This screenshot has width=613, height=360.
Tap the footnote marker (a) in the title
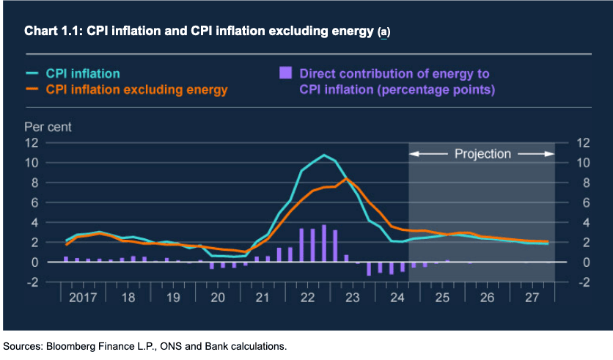[x=384, y=32]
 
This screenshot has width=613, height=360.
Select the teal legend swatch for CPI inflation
[x=33, y=74]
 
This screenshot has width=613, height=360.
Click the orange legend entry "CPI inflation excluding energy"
[x=136, y=89]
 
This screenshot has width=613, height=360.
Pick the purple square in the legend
[x=285, y=73]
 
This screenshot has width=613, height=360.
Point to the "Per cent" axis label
[x=48, y=126]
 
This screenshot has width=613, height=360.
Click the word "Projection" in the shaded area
[x=482, y=154]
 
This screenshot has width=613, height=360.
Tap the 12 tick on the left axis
[x=32, y=142]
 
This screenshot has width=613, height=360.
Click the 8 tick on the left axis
[x=34, y=183]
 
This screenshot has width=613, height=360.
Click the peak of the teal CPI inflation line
[x=323, y=155]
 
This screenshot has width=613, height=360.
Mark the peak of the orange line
[x=347, y=179]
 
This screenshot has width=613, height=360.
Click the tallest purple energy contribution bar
[x=323, y=243]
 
